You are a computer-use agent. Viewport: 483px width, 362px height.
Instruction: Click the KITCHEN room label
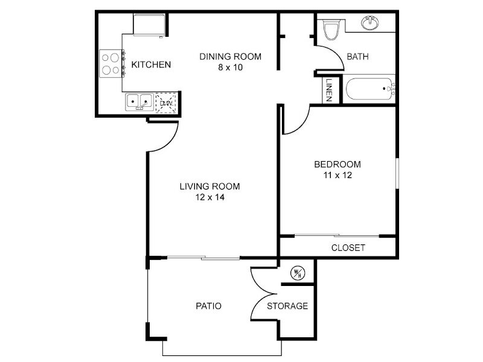(x=151, y=65)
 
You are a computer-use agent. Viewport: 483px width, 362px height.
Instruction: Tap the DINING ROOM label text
(x=231, y=57)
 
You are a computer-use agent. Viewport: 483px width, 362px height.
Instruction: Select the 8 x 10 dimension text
(x=231, y=68)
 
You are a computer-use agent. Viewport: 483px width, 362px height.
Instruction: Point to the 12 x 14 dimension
(x=210, y=197)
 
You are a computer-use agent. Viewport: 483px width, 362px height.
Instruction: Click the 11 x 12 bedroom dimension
(x=337, y=175)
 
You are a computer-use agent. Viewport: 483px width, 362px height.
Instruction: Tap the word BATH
(x=357, y=57)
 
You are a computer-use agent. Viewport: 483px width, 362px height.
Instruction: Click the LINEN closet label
(x=328, y=90)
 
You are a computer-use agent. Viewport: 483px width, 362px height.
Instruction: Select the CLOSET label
(x=348, y=248)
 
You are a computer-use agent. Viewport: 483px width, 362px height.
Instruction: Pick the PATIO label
(x=208, y=306)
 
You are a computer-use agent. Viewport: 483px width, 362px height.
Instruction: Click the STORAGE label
(x=287, y=306)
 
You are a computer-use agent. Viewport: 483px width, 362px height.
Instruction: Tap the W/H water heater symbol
(x=298, y=273)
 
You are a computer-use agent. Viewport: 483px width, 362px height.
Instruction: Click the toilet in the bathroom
(x=331, y=29)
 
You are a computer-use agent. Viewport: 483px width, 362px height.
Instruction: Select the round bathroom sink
(x=370, y=23)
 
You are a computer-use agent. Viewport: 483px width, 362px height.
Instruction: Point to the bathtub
(x=369, y=89)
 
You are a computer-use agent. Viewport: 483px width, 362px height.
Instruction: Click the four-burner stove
(x=111, y=64)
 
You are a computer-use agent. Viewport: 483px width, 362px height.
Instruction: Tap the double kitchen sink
(x=139, y=101)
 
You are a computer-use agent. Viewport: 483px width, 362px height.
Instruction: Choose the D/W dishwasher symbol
(x=166, y=103)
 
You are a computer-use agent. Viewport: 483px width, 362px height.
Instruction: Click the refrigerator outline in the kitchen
(x=149, y=25)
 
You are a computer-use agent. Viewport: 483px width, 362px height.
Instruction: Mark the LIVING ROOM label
(x=210, y=186)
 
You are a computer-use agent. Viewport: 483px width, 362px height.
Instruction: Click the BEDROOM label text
(x=337, y=164)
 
